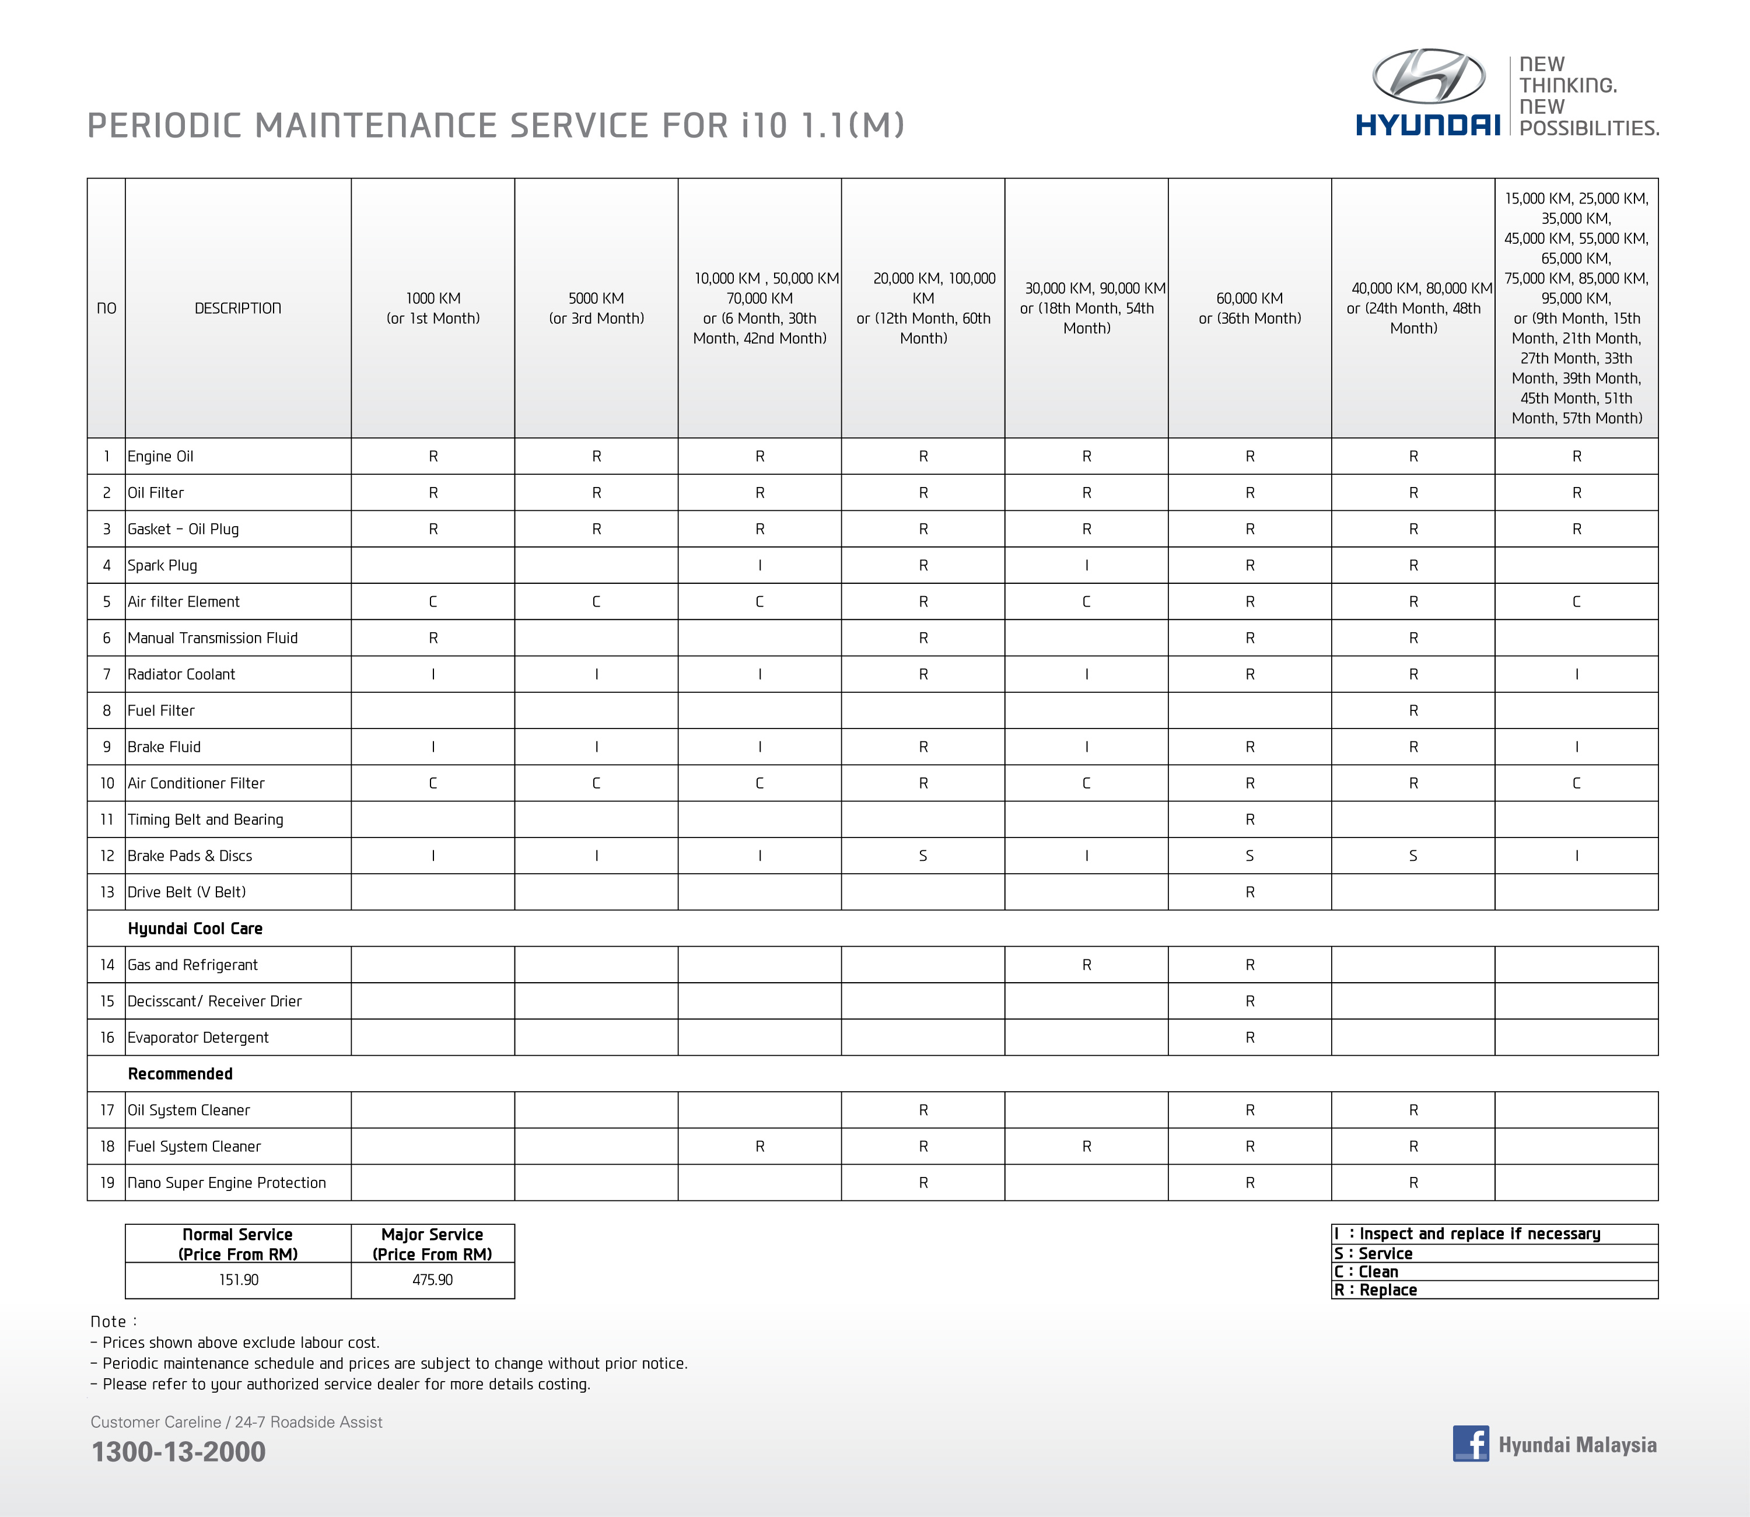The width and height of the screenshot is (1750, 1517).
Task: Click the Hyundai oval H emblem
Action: coord(1428,76)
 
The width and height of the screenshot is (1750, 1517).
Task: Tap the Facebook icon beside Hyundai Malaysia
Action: coord(1471,1444)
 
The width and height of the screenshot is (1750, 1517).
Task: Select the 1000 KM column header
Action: coord(433,308)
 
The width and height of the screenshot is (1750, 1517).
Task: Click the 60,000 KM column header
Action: coord(1249,308)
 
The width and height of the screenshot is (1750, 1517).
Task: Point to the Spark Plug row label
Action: coord(163,566)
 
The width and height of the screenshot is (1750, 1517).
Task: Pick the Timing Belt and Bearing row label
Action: coord(206,819)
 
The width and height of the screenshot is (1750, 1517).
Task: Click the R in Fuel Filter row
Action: coord(1413,711)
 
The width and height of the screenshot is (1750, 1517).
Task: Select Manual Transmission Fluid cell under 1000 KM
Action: coord(433,638)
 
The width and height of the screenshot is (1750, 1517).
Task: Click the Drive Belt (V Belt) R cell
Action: coord(1249,892)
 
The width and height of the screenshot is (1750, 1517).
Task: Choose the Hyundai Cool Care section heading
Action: coord(195,929)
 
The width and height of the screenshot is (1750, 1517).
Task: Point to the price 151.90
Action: coord(239,1280)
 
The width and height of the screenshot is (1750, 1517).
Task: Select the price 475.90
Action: coord(433,1280)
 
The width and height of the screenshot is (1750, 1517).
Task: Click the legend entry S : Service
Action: coord(1374,1254)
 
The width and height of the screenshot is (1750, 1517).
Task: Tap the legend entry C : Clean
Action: coord(1367,1271)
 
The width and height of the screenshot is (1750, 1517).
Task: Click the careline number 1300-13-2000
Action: coord(178,1452)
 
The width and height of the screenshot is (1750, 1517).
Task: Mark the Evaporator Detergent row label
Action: coord(198,1038)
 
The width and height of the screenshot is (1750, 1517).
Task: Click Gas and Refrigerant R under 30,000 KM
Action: coord(1086,965)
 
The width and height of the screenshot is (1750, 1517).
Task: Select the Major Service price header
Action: coord(433,1243)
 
